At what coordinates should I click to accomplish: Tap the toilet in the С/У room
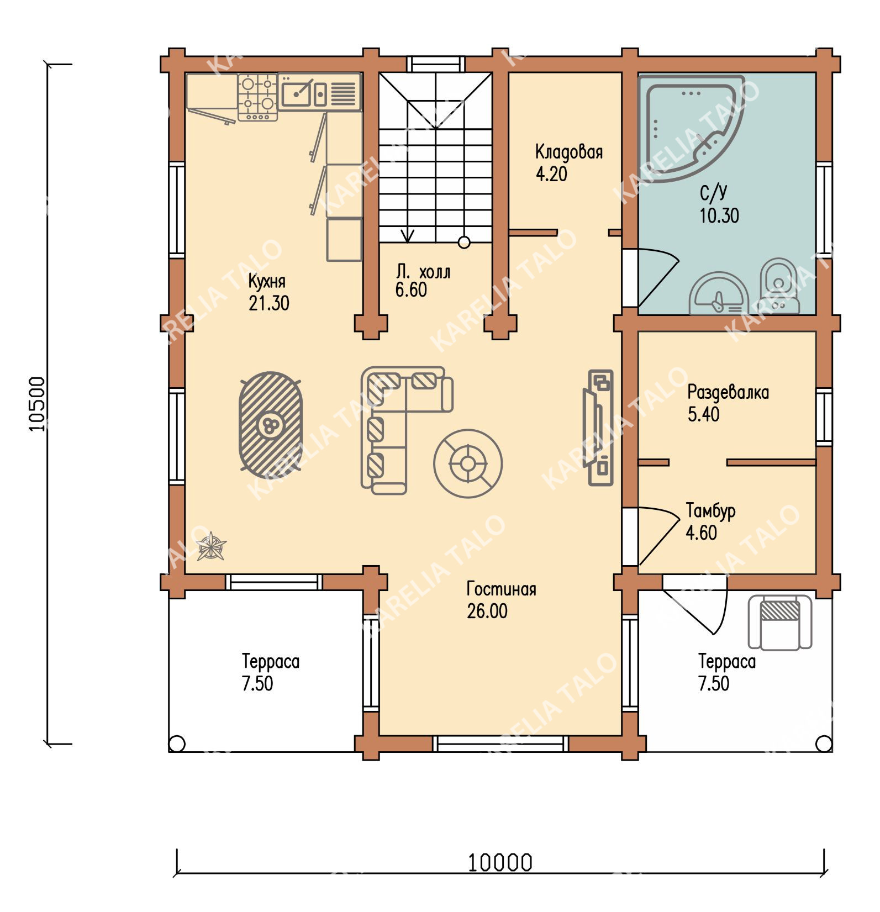pos(779,286)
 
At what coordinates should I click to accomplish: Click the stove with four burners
pos(257,98)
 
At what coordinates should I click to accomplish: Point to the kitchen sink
pos(303,92)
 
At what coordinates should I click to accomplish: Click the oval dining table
pos(271,421)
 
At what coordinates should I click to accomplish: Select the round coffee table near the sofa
pos(468,463)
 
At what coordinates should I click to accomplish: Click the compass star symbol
pos(212,546)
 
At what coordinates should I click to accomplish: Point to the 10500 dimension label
pos(37,404)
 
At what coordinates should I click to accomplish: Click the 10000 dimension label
pos(500,862)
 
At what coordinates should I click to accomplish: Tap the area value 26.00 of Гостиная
pos(487,611)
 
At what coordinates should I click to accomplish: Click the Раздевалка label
pos(728,392)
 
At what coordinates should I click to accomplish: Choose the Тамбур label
pos(711,511)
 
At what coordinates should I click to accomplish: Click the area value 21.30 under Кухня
pos(269,303)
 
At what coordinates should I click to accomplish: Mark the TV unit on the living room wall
pos(598,428)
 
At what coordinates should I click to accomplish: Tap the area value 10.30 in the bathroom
pos(719,215)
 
